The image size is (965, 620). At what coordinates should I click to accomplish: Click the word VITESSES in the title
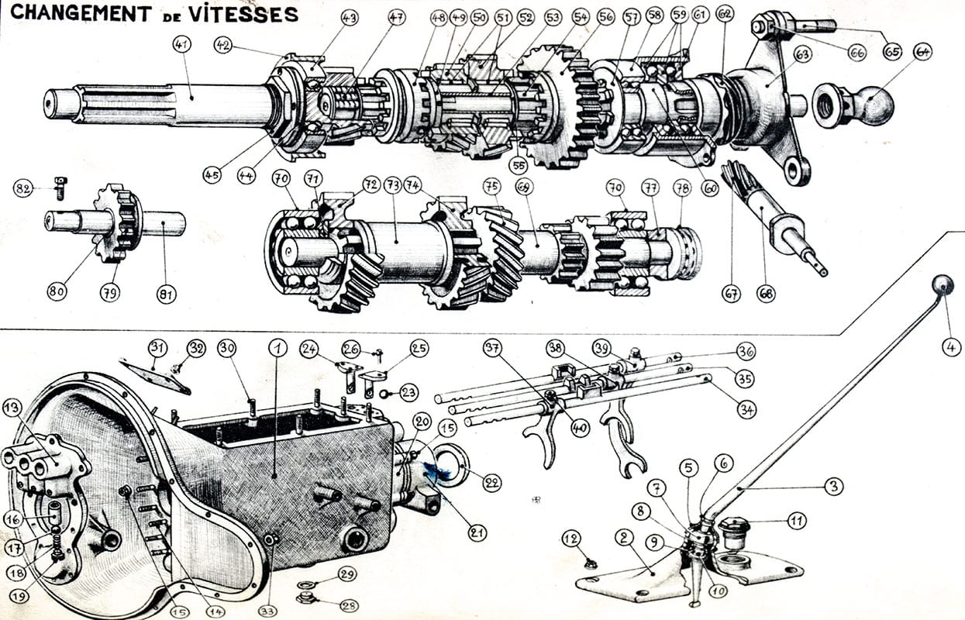pos(246,13)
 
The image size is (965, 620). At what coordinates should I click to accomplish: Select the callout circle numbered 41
pos(183,46)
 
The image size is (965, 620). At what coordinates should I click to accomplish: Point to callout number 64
pos(922,52)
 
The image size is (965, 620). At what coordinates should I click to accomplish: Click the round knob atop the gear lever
pos(943,285)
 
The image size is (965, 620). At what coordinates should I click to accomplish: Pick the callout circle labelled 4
pos(952,347)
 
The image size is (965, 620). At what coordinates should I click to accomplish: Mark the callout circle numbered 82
pos(24,188)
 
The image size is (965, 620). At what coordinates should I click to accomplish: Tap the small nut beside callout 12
pos(590,563)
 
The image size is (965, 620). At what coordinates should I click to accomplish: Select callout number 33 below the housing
pos(268,611)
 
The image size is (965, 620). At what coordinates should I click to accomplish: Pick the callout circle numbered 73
pos(393,184)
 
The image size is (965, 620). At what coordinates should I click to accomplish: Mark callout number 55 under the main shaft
pos(519,164)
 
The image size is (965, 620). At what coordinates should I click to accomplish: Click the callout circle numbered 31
pos(158,346)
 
